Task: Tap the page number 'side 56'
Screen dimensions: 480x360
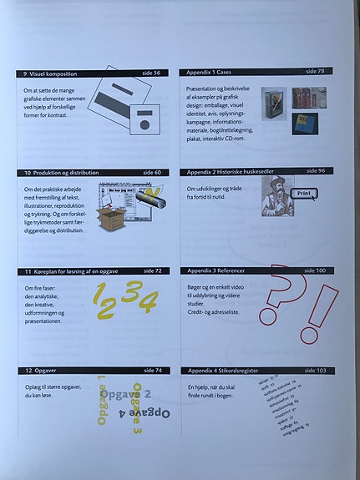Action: [x=151, y=73]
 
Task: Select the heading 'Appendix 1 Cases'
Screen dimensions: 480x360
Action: [x=214, y=72]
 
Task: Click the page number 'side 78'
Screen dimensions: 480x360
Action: [x=315, y=71]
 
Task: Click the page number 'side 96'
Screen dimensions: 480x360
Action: [x=316, y=170]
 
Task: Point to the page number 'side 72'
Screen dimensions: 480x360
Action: [x=152, y=271]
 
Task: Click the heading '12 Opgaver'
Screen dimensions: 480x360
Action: [x=42, y=370]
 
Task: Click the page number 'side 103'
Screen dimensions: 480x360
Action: [x=315, y=370]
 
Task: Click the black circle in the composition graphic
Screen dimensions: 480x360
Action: [x=145, y=124]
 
